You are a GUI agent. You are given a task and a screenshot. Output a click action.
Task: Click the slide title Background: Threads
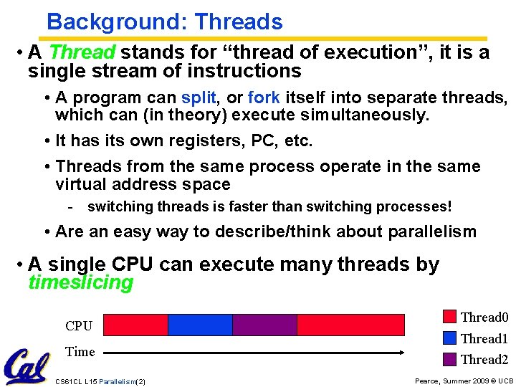coord(164,21)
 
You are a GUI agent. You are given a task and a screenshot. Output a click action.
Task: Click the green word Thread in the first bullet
coord(82,53)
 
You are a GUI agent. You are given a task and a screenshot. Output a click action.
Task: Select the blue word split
coord(199,97)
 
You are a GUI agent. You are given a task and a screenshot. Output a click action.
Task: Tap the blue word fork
coord(264,97)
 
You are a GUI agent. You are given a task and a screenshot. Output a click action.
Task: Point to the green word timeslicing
coord(80,282)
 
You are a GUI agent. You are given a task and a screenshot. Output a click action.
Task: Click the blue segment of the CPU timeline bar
coord(200,325)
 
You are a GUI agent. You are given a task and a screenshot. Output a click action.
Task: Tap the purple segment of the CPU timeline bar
coord(264,325)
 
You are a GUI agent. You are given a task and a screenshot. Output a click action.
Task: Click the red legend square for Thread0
coord(450,317)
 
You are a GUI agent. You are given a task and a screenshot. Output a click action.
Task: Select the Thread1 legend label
coord(484,338)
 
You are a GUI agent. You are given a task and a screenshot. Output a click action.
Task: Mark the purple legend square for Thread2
coord(450,359)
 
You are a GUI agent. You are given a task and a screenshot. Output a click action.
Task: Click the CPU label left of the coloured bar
coord(79,326)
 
